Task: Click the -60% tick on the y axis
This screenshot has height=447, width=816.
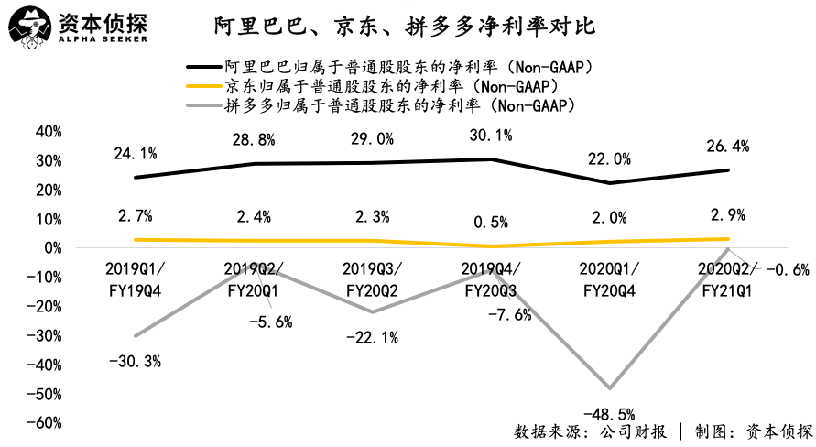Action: (x=44, y=422)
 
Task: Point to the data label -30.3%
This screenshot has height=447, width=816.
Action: (x=136, y=362)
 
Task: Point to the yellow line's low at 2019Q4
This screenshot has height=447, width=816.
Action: (x=490, y=246)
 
